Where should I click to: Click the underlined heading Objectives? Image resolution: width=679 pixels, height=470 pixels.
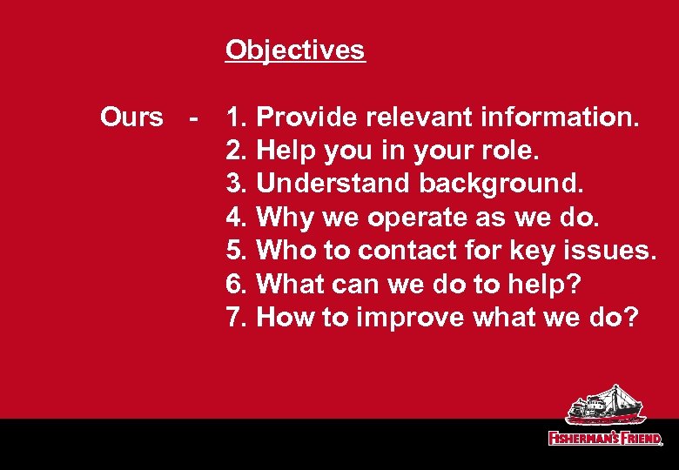(295, 50)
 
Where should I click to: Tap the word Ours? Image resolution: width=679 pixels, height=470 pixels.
(131, 117)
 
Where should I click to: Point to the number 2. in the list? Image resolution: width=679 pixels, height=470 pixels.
(237, 151)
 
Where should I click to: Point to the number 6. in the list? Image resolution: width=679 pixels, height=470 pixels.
(237, 283)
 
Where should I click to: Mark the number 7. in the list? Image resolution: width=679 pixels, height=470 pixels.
(237, 317)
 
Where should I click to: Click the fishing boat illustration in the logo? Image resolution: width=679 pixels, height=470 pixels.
(605, 406)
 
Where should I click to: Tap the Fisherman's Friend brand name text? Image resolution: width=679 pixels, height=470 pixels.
(605, 438)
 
